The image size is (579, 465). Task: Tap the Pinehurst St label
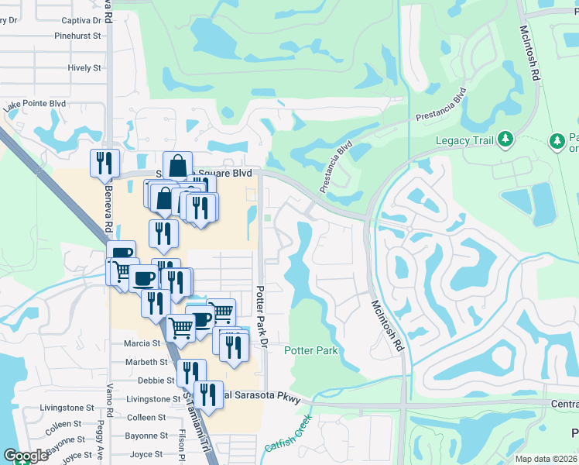78,36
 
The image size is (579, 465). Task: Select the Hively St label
84,68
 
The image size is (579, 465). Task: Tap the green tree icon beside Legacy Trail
505,139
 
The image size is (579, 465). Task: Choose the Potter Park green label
311,351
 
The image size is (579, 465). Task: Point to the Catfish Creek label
286,436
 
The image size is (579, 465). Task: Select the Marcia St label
142,343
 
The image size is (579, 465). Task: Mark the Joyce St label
146,454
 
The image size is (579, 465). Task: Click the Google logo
25,456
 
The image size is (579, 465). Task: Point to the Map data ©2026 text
546,459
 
